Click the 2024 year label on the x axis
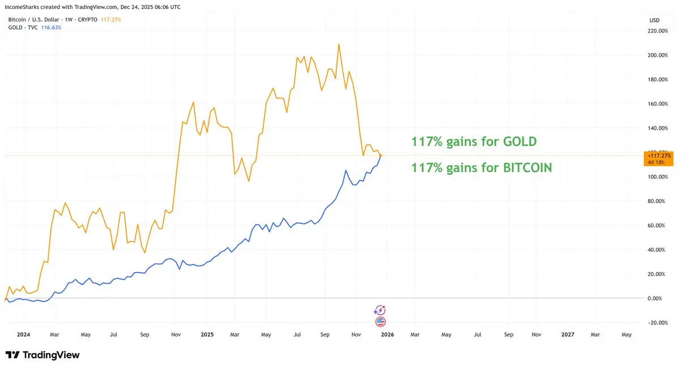pyautogui.click(x=23, y=334)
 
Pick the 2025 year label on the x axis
pyautogui.click(x=207, y=334)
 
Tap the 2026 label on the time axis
pyautogui.click(x=388, y=334)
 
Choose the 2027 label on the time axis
pyautogui.click(x=567, y=334)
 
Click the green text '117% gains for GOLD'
pyautogui.click(x=474, y=141)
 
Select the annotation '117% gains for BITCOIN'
pyautogui.click(x=482, y=168)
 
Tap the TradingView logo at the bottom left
pyautogui.click(x=42, y=355)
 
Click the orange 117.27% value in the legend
pyautogui.click(x=110, y=20)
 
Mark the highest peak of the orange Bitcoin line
pyautogui.click(x=339, y=44)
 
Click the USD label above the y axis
pyautogui.click(x=654, y=20)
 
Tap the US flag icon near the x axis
pyautogui.click(x=380, y=321)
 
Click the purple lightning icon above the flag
pyautogui.click(x=380, y=310)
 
